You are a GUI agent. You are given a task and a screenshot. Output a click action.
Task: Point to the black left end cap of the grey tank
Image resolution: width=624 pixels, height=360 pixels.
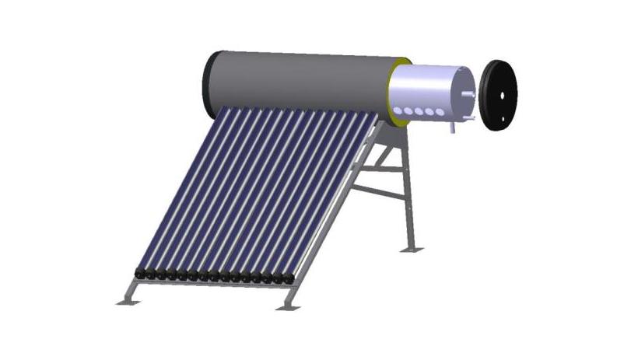coord(209,80)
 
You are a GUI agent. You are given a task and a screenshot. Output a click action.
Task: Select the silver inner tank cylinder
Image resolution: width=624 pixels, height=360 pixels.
coord(428,89)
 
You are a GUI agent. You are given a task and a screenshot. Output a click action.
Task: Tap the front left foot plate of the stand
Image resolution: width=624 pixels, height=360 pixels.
coord(128,299)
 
